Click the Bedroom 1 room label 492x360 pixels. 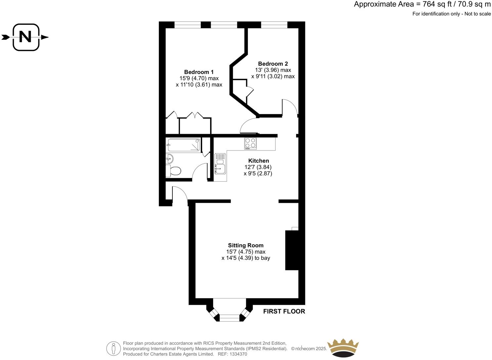[x=199, y=72]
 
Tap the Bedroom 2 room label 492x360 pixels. [x=273, y=64]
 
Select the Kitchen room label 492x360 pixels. [x=258, y=161]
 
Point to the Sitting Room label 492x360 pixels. [x=246, y=246]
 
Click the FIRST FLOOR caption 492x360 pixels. [x=284, y=311]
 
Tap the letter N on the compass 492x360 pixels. [x=25, y=37]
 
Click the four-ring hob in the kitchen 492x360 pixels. [x=250, y=143]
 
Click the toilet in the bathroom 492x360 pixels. [x=174, y=171]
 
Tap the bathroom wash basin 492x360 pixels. [x=169, y=158]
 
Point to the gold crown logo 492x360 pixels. [x=343, y=348]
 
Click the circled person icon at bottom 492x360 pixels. [x=113, y=348]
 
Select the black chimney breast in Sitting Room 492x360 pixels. [x=292, y=250]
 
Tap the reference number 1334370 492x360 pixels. [x=238, y=354]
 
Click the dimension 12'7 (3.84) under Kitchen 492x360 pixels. [x=258, y=167]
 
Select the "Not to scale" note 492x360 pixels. [x=477, y=14]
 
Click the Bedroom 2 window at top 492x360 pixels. [x=274, y=24]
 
